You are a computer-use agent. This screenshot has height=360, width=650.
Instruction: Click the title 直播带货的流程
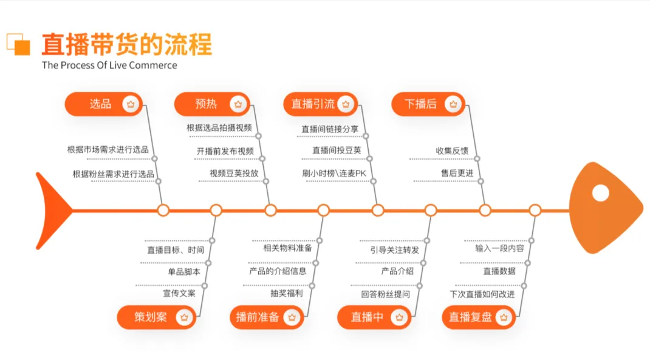click(x=126, y=45)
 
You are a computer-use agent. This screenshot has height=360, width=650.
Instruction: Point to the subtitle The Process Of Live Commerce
click(x=109, y=65)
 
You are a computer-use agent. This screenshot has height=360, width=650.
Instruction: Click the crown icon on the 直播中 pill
click(x=399, y=317)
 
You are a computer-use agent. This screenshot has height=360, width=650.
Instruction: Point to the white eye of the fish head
click(x=600, y=193)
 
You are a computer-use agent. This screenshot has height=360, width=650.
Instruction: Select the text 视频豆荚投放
click(x=234, y=173)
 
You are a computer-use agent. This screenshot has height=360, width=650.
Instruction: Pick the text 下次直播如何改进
click(x=482, y=294)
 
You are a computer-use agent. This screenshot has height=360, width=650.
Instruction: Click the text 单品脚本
click(x=184, y=271)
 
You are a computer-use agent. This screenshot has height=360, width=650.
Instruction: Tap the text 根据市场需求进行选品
click(x=108, y=149)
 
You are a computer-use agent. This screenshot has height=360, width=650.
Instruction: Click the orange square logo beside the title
click(x=19, y=44)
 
